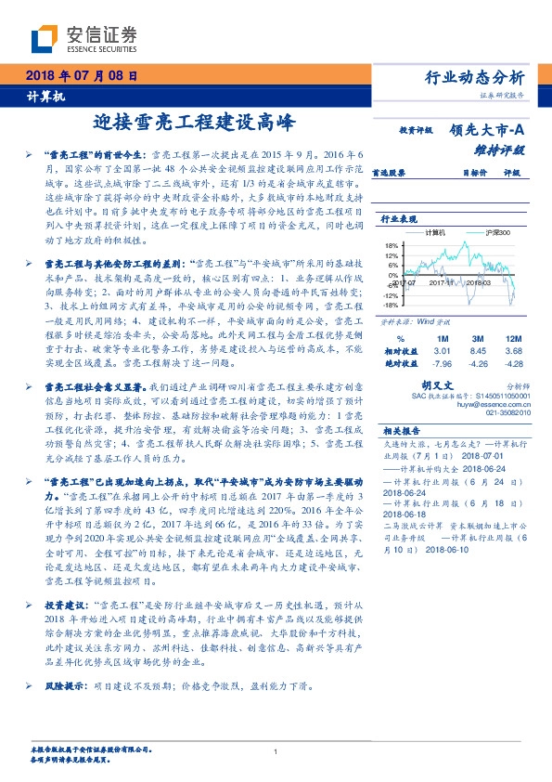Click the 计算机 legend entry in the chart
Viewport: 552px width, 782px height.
[x=435, y=231]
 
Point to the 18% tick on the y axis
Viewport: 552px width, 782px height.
[x=390, y=246]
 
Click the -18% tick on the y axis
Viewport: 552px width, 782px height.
[x=389, y=304]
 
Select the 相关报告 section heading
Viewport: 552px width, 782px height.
[x=402, y=430]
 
